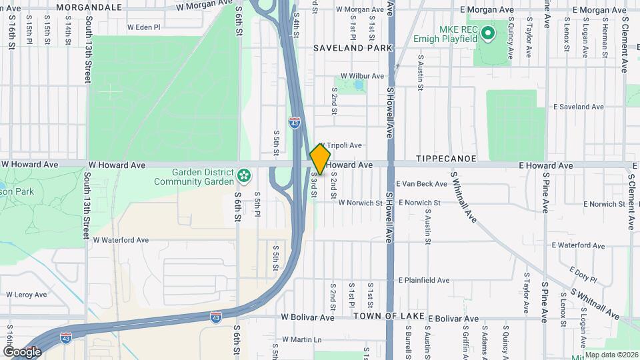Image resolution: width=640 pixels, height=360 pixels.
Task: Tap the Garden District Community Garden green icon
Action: [x=245, y=176]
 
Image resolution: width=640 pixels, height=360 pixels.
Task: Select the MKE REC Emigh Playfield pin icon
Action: [x=487, y=32]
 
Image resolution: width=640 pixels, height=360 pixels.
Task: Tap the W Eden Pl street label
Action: [x=144, y=28]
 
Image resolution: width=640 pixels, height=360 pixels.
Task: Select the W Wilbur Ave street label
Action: [x=362, y=76]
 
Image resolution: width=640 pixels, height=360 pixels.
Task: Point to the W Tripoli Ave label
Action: [x=340, y=145]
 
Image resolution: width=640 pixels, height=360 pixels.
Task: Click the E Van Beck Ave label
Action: [x=421, y=183]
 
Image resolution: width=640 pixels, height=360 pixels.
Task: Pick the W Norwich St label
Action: [x=360, y=203]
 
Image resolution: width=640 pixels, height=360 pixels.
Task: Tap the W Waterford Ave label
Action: [x=121, y=240]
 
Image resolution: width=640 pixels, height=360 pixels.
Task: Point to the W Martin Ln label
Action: [x=301, y=339]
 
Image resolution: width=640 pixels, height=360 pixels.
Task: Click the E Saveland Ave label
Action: [x=579, y=107]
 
